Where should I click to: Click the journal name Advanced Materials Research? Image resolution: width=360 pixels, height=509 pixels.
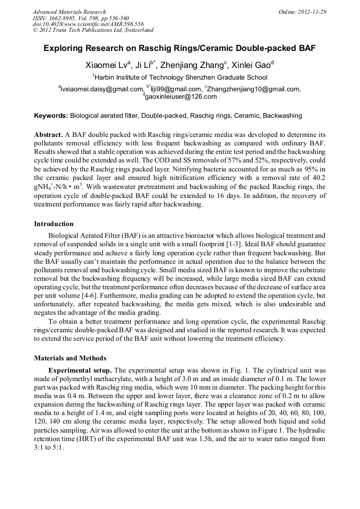click(69, 12)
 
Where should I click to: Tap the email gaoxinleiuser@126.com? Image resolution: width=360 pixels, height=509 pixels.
click(181, 97)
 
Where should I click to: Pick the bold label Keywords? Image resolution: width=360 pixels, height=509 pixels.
click(51, 115)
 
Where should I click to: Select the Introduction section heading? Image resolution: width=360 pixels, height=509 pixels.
click(54, 223)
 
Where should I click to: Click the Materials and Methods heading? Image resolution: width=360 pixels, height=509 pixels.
click(70, 358)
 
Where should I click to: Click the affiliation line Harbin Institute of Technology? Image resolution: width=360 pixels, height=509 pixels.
click(179, 77)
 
